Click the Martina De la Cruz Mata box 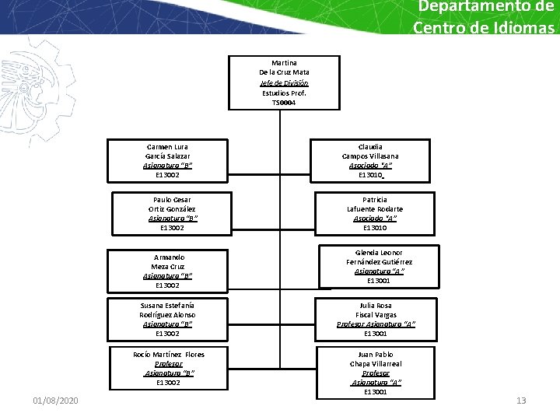pos(284,82)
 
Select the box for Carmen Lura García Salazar pos(168,161)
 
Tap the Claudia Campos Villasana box pos(370,161)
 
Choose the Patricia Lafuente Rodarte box pos(375,214)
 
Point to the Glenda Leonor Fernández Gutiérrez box pos(379,267)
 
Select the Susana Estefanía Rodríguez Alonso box pos(168,319)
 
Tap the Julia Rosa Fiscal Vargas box pos(375,319)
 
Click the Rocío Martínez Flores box pos(168,369)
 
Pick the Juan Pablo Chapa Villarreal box pos(376,373)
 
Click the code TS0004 pos(284,103)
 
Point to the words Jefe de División pos(284,83)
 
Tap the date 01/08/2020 pos(55,401)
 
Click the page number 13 pos(521,401)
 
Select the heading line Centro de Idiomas pos(485,28)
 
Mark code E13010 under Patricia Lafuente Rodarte pos(375,228)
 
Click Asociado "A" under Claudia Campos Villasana pos(370,166)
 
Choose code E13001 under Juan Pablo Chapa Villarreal pos(376,392)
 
